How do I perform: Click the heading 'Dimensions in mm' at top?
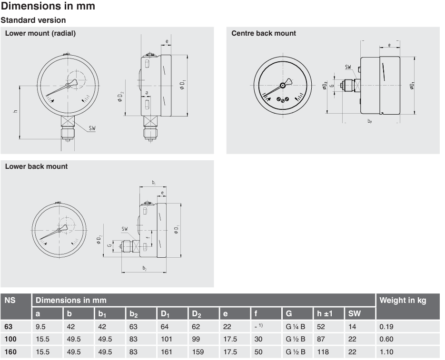click(48, 6)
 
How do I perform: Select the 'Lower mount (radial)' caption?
click(40, 33)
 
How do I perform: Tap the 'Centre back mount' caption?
click(263, 33)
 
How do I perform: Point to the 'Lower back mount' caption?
click(36, 166)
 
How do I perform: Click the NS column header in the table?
click(10, 300)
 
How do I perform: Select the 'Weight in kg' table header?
click(403, 300)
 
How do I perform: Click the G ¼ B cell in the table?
click(295, 327)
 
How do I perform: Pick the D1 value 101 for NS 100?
click(166, 339)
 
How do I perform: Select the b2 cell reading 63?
click(133, 327)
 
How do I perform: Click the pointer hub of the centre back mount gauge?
click(283, 86)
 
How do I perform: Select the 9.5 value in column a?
click(40, 327)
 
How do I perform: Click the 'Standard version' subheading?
click(33, 20)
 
